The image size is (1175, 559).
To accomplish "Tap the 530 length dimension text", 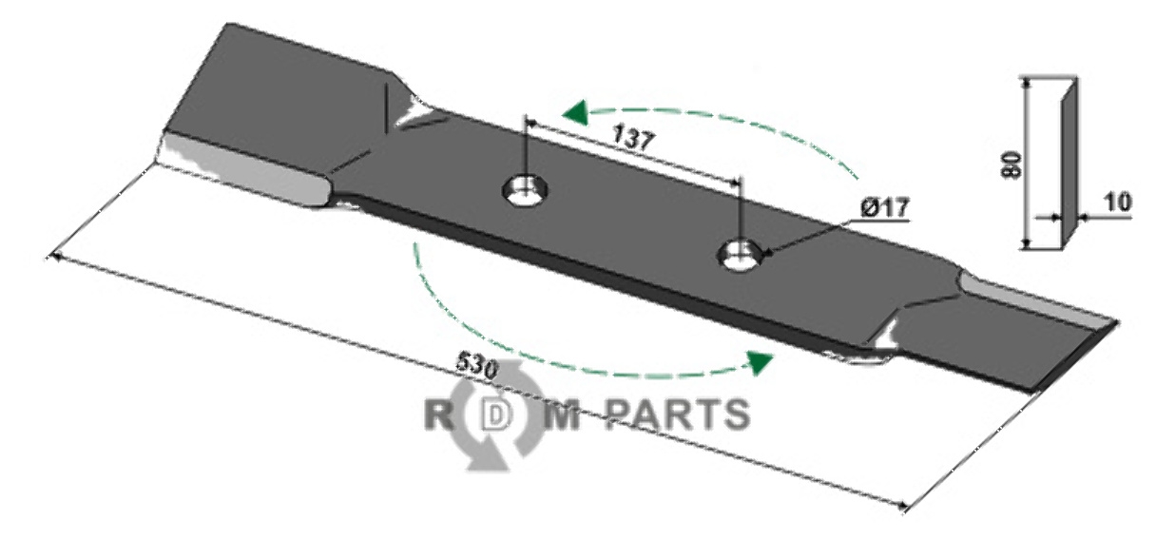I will tap(474, 364).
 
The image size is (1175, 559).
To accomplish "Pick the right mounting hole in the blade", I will tap(742, 253).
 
